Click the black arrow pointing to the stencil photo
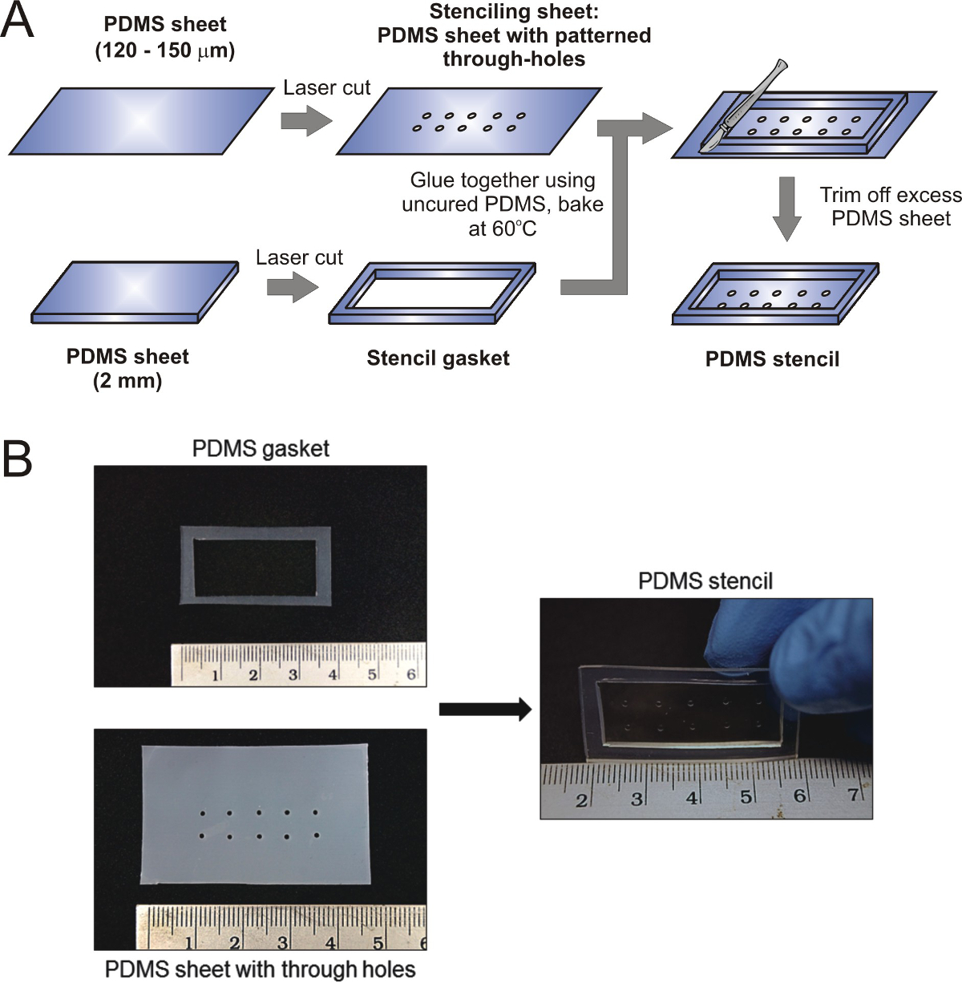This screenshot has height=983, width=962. click(x=485, y=709)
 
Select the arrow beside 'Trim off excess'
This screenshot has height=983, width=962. click(x=788, y=208)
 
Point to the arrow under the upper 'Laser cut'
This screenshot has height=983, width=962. click(x=306, y=121)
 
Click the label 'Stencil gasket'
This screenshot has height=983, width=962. click(x=438, y=358)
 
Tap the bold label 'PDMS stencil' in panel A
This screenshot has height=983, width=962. click(x=772, y=359)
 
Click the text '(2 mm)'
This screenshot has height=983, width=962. click(x=128, y=380)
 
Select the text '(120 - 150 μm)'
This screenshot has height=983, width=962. click(x=165, y=51)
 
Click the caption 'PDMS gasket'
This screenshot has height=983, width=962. click(x=261, y=448)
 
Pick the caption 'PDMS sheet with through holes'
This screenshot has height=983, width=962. click(x=261, y=969)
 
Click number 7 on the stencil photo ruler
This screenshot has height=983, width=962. click(x=853, y=795)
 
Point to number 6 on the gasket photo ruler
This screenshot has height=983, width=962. click(x=411, y=674)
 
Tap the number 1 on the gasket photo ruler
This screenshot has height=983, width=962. click(x=215, y=676)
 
